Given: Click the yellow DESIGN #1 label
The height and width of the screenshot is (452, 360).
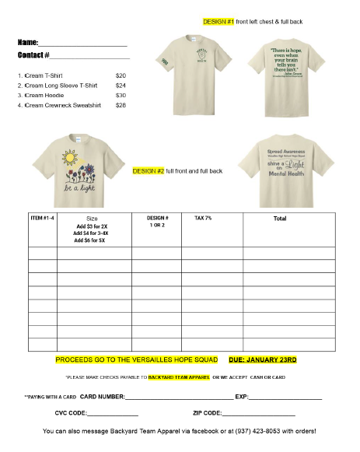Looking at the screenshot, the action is click(x=218, y=23).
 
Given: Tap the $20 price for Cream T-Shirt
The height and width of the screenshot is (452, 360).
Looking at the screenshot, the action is click(x=121, y=75).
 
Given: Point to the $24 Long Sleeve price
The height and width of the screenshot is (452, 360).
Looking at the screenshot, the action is click(x=121, y=86).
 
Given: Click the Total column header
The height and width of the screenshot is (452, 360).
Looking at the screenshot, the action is click(x=280, y=219).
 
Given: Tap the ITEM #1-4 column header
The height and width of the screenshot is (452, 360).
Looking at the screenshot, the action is click(x=42, y=219).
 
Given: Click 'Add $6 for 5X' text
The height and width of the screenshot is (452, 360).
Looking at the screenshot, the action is click(x=90, y=240).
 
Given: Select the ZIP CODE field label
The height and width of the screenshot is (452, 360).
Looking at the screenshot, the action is click(x=206, y=413).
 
